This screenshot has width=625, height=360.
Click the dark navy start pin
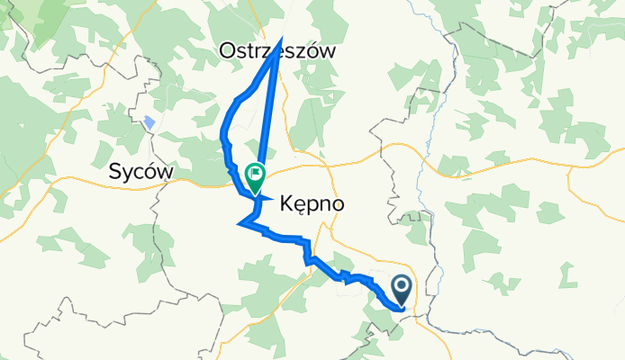(x=402, y=291)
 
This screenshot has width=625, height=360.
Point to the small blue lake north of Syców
(x=149, y=123)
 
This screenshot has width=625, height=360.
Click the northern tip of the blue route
(x=280, y=40)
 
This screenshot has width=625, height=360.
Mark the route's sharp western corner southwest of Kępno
(x=239, y=223)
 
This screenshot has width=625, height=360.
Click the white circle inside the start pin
(x=402, y=287)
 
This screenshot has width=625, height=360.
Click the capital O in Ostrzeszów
(x=228, y=52)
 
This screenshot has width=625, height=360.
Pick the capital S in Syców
(x=114, y=171)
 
